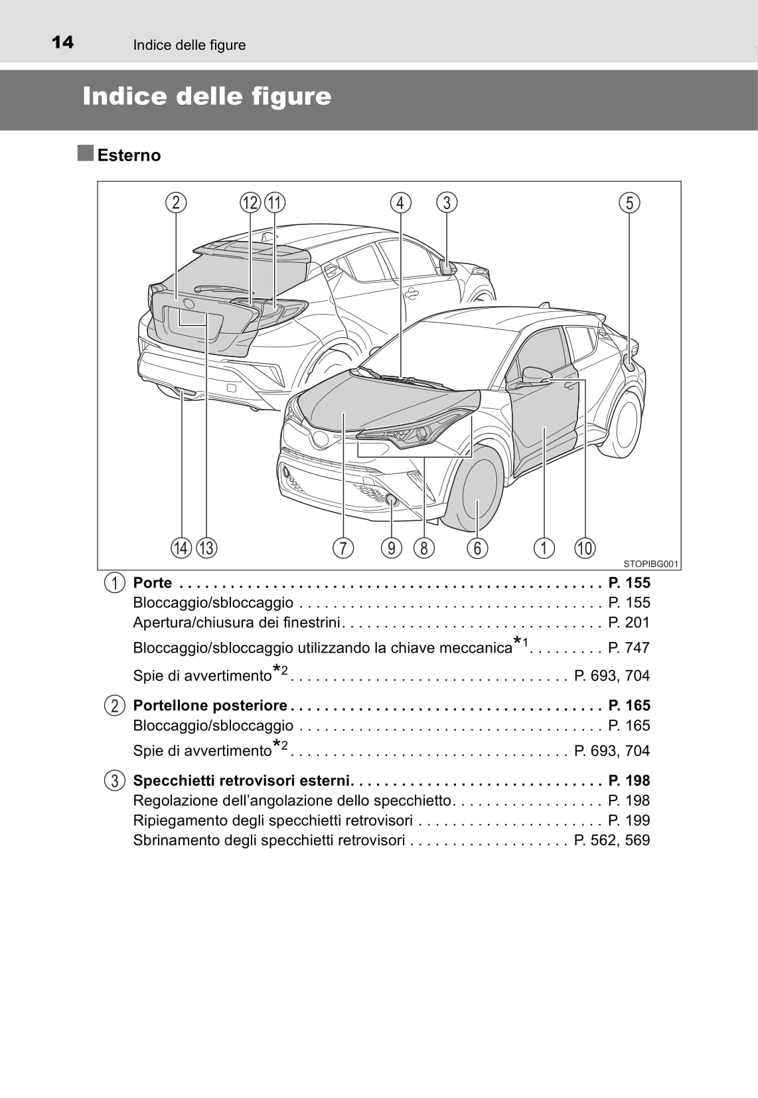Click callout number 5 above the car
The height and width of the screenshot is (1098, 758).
pyautogui.click(x=629, y=202)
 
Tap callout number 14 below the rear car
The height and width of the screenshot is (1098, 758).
pyautogui.click(x=181, y=548)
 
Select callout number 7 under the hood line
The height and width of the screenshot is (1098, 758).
pyautogui.click(x=342, y=548)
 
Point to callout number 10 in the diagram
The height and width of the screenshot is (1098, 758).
pyautogui.click(x=585, y=548)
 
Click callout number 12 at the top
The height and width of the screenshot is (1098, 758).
pyautogui.click(x=250, y=202)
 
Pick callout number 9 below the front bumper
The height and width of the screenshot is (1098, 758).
pyautogui.click(x=392, y=548)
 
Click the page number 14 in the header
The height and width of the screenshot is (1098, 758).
pyautogui.click(x=63, y=42)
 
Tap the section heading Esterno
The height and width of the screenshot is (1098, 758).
pyautogui.click(x=129, y=155)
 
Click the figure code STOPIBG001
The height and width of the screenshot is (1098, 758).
pyautogui.click(x=650, y=564)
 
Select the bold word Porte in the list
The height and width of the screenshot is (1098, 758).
pyautogui.click(x=153, y=583)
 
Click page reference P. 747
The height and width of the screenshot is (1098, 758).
pyautogui.click(x=629, y=647)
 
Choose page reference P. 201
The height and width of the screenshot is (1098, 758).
pyautogui.click(x=629, y=622)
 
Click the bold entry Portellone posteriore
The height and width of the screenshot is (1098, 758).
pyautogui.click(x=210, y=705)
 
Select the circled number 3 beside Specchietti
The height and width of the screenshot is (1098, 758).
pyautogui.click(x=115, y=781)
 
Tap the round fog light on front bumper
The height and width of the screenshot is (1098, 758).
pyautogui.click(x=392, y=499)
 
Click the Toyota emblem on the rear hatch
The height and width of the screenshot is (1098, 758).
pyautogui.click(x=189, y=304)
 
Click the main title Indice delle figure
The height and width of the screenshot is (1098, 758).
pyautogui.click(x=207, y=97)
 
